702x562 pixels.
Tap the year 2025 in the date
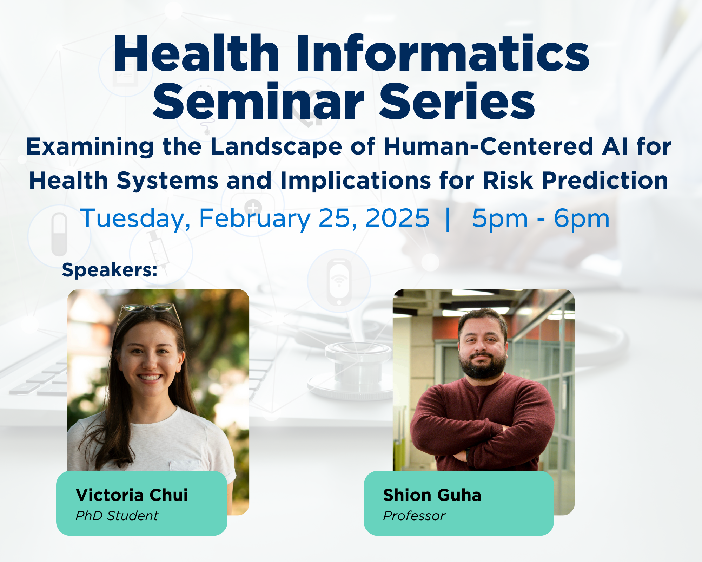coord(397,218)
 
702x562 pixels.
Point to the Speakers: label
coord(110,270)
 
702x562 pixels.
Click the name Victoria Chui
coord(132,495)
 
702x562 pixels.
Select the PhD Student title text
coord(117,516)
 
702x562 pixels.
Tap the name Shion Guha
coord(432,495)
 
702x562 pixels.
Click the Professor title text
coord(414,516)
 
